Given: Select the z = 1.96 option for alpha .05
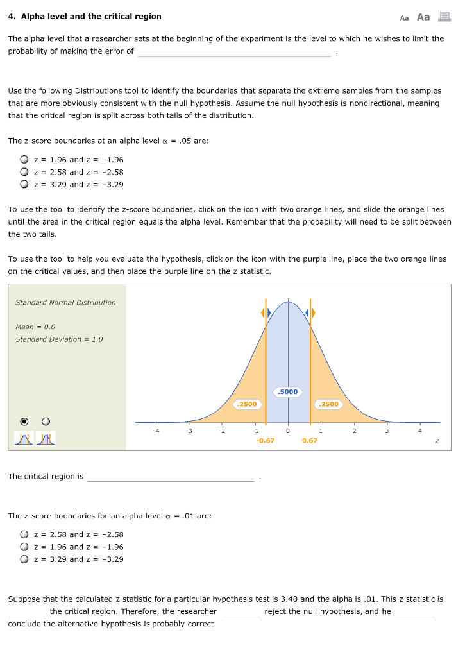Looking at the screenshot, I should [24, 160].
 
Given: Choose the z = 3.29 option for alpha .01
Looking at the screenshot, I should [24, 559].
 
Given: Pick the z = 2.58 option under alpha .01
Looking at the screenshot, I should [24, 534].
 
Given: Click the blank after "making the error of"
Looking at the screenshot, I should [234, 52].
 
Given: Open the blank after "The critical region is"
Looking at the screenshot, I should [171, 477].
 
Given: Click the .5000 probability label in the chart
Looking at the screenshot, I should [288, 391].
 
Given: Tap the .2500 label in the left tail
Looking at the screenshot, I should [246, 404].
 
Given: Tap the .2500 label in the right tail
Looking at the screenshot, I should [328, 404].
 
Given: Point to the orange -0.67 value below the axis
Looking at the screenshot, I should [265, 441].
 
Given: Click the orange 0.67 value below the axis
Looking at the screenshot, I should [309, 441].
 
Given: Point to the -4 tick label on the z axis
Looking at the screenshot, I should [156, 431].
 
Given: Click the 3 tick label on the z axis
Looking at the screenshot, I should [387, 431].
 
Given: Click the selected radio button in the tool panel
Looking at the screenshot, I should [24, 422].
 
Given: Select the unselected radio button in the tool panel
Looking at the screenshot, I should [46, 422].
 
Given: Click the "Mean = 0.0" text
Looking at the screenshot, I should [35, 327].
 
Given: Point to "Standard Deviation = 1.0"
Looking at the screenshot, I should [59, 339].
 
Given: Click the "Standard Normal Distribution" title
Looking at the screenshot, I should [65, 302].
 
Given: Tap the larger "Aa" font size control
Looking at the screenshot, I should [423, 17].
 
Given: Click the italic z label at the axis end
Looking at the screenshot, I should [437, 441].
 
